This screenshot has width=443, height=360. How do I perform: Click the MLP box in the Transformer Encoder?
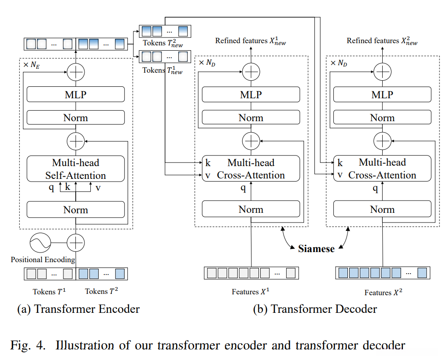click(75, 94)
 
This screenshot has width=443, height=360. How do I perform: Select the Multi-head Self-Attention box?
click(75, 168)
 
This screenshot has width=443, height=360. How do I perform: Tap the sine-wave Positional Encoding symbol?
click(40, 242)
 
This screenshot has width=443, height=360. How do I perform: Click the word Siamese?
click(316, 249)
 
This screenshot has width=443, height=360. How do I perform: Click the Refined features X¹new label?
click(251, 41)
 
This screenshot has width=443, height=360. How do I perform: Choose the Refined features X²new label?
click(382, 41)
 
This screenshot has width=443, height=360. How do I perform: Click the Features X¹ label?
click(251, 292)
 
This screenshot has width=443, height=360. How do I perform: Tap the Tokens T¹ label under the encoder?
click(49, 291)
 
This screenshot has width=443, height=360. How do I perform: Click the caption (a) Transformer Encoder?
click(78, 309)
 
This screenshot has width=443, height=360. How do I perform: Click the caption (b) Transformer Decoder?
click(315, 309)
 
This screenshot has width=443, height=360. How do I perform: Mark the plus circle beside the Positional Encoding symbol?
click(76, 242)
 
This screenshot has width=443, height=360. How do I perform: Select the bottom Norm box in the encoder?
click(75, 210)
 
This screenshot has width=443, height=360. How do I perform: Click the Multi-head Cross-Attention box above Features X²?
click(382, 168)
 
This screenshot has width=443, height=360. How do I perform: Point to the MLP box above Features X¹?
click(251, 94)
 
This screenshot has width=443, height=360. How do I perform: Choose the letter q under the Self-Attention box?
click(52, 187)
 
